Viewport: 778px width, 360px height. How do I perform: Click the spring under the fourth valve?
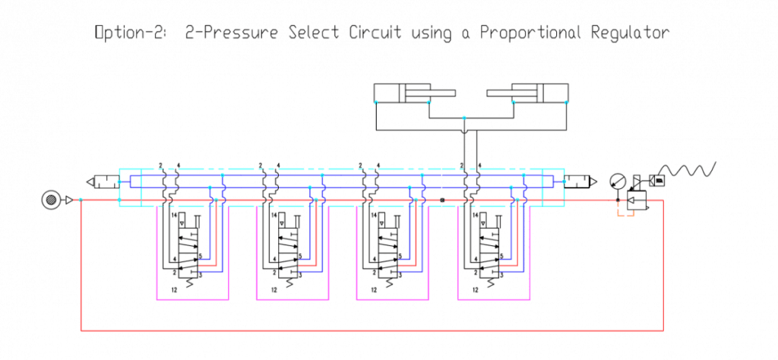(486, 282)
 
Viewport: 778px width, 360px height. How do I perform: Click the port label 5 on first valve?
(199, 256)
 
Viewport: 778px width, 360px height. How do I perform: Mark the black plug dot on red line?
(442, 201)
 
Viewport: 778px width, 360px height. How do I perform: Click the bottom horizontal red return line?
(372, 331)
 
